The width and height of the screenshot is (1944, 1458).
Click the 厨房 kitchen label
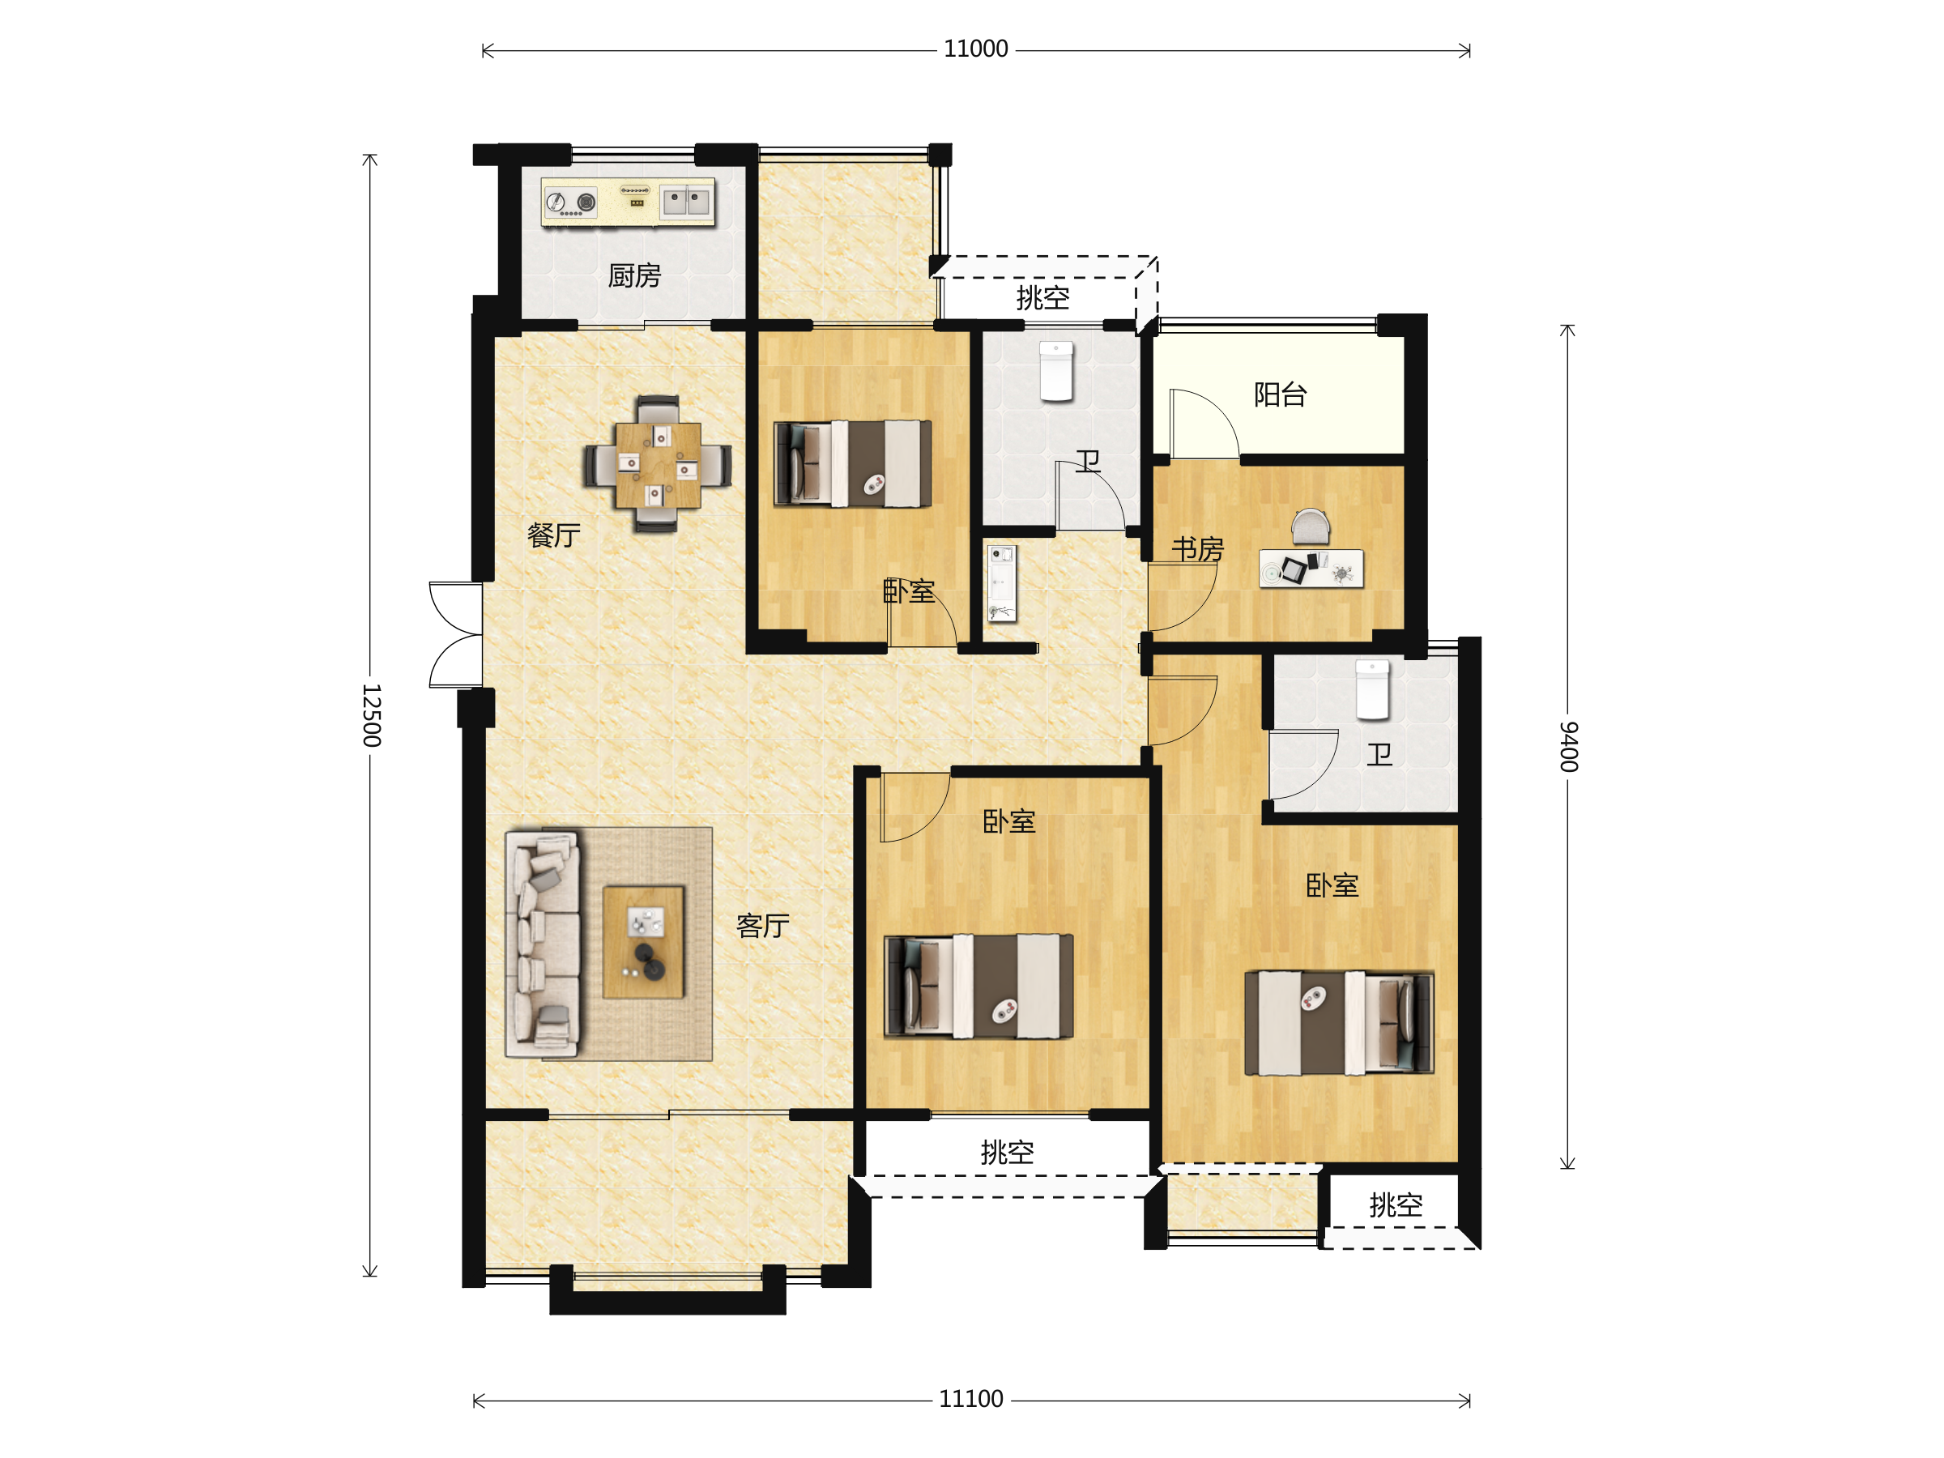[x=633, y=276]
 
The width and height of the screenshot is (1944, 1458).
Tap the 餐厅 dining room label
[x=554, y=535]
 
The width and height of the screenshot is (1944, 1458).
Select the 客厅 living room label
[x=763, y=925]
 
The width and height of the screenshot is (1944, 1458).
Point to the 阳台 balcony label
[x=1280, y=394]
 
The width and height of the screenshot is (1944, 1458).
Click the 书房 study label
[x=1198, y=549]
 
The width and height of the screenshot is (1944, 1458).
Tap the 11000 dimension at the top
[x=975, y=49]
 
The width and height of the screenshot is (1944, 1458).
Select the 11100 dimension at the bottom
[x=971, y=1399]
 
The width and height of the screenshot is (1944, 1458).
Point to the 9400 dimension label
[x=1569, y=746]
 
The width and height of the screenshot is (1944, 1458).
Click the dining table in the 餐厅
[x=659, y=465]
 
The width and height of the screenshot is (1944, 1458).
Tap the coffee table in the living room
[x=643, y=942]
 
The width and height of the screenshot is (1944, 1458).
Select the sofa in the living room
[x=542, y=944]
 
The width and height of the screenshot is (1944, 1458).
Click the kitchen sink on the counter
[x=685, y=201]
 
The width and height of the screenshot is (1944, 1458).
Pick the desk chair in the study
[x=1311, y=526]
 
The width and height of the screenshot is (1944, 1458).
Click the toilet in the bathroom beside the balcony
[x=1056, y=371]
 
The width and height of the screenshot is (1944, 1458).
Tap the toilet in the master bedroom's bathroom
[x=1372, y=690]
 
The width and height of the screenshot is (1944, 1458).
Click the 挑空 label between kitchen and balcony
[x=1042, y=298]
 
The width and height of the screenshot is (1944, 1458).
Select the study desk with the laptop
[x=1311, y=569]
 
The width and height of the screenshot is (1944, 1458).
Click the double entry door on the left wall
[x=455, y=633]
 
